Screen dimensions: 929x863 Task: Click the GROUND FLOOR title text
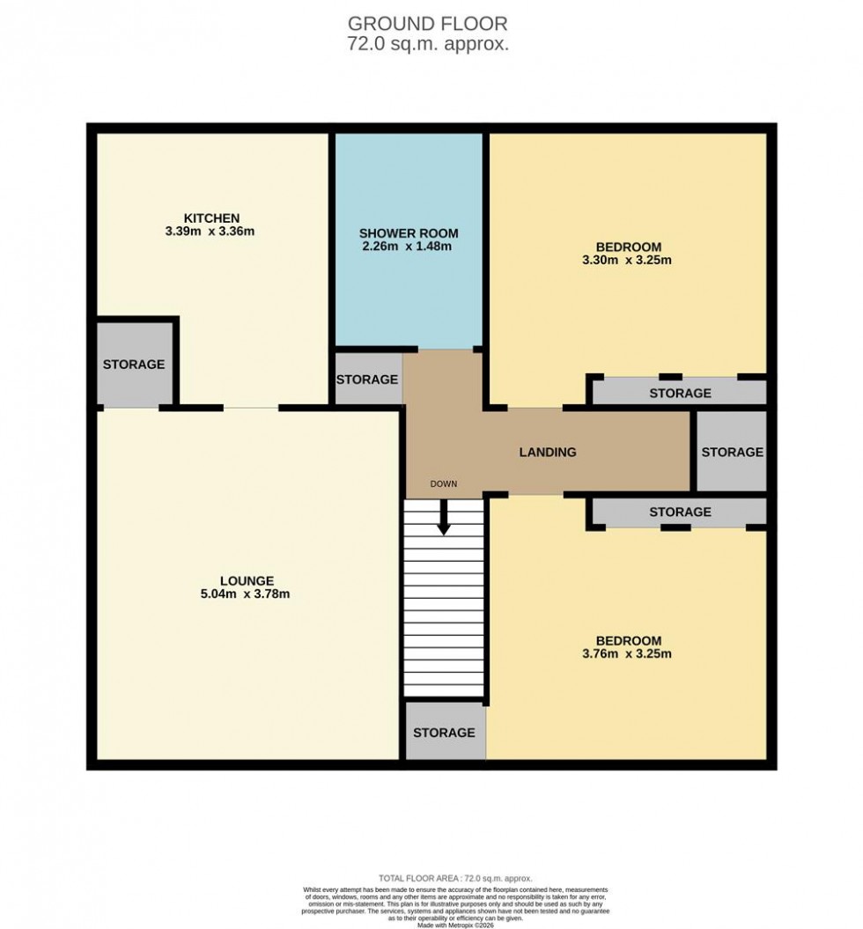428,23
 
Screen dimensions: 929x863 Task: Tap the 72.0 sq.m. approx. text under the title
428,44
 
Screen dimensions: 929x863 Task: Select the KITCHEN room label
211,218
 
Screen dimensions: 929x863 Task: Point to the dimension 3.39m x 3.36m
211,232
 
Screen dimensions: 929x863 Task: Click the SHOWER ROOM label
409,233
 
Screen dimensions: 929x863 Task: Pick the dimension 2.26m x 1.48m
409,247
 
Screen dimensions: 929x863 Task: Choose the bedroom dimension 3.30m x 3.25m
628,260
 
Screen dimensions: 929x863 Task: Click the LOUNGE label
247,580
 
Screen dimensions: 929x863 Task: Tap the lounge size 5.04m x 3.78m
247,594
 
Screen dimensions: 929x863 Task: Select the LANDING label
547,452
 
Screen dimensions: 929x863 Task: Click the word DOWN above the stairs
443,484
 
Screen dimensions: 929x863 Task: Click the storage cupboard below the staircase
444,732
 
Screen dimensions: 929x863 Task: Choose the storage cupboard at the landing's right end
731,452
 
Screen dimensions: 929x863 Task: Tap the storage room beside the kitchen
134,364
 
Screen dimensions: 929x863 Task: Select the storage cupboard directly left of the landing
367,380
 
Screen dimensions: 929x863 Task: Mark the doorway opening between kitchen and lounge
251,408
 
